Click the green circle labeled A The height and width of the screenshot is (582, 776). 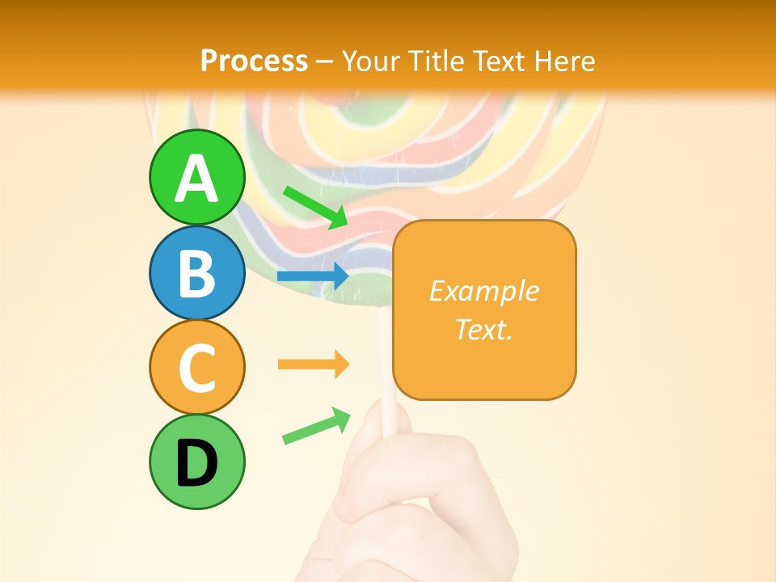coord(196,176)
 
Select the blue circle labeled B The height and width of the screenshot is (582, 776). coord(196,272)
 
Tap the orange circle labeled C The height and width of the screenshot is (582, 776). coord(196,367)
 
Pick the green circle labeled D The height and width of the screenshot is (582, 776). coord(196,462)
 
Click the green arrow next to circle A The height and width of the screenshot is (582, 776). coord(315,207)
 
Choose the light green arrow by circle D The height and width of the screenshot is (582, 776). coord(316,426)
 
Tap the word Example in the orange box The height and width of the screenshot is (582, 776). coord(484,291)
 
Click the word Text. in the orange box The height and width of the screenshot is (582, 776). coord(484,329)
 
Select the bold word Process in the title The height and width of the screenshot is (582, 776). coord(254,61)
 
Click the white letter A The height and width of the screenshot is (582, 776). coord(196,179)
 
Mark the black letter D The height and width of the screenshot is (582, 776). coord(196,463)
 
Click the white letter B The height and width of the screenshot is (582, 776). coord(196,273)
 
